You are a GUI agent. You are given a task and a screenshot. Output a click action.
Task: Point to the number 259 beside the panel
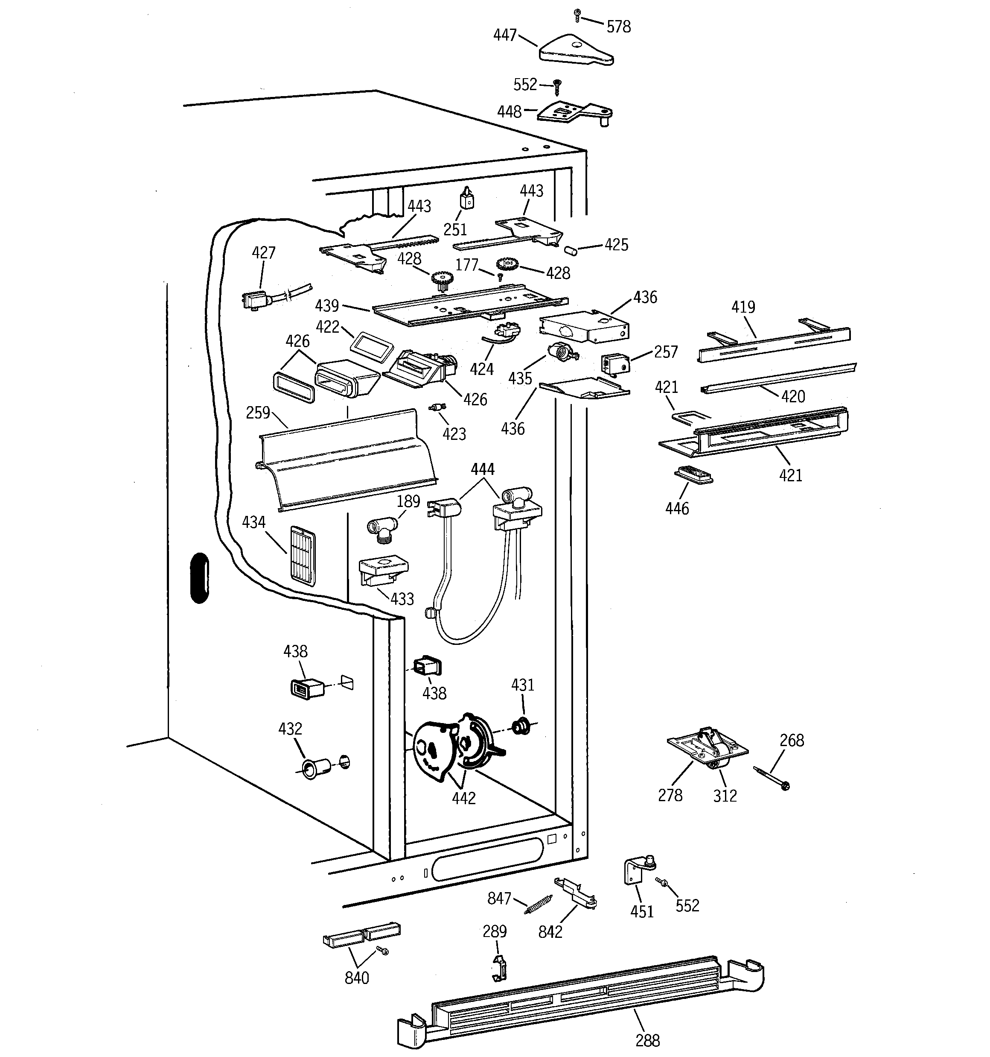[258, 413]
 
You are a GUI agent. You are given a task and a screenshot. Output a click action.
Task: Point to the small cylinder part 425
[571, 250]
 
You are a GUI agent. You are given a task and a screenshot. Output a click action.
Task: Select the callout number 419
[743, 307]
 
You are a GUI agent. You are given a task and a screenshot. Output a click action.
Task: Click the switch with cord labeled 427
[256, 300]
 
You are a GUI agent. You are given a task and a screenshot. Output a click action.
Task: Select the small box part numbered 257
[615, 364]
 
